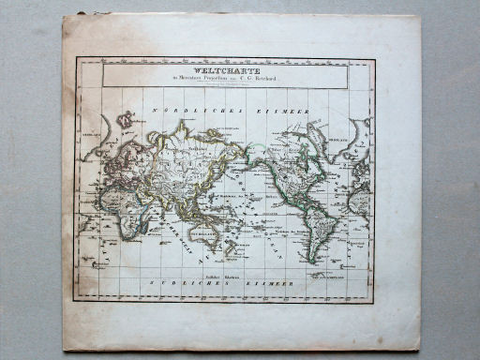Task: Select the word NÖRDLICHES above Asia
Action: tap(201, 111)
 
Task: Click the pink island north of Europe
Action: tap(123, 122)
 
